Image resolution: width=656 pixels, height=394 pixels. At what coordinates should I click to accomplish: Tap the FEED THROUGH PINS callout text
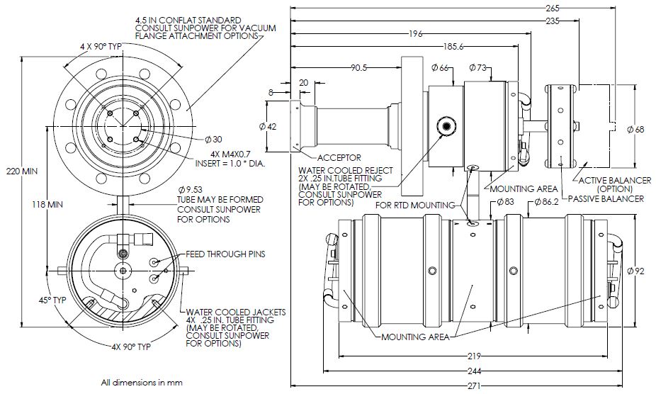pos(225,254)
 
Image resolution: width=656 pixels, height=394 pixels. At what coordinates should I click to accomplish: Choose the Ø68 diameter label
pos(637,129)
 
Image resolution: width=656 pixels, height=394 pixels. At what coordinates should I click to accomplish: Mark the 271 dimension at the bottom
pos(474,386)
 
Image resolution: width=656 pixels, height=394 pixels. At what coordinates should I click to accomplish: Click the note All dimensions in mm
pos(142,383)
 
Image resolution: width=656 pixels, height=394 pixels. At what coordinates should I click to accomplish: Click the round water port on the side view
pos(446,125)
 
